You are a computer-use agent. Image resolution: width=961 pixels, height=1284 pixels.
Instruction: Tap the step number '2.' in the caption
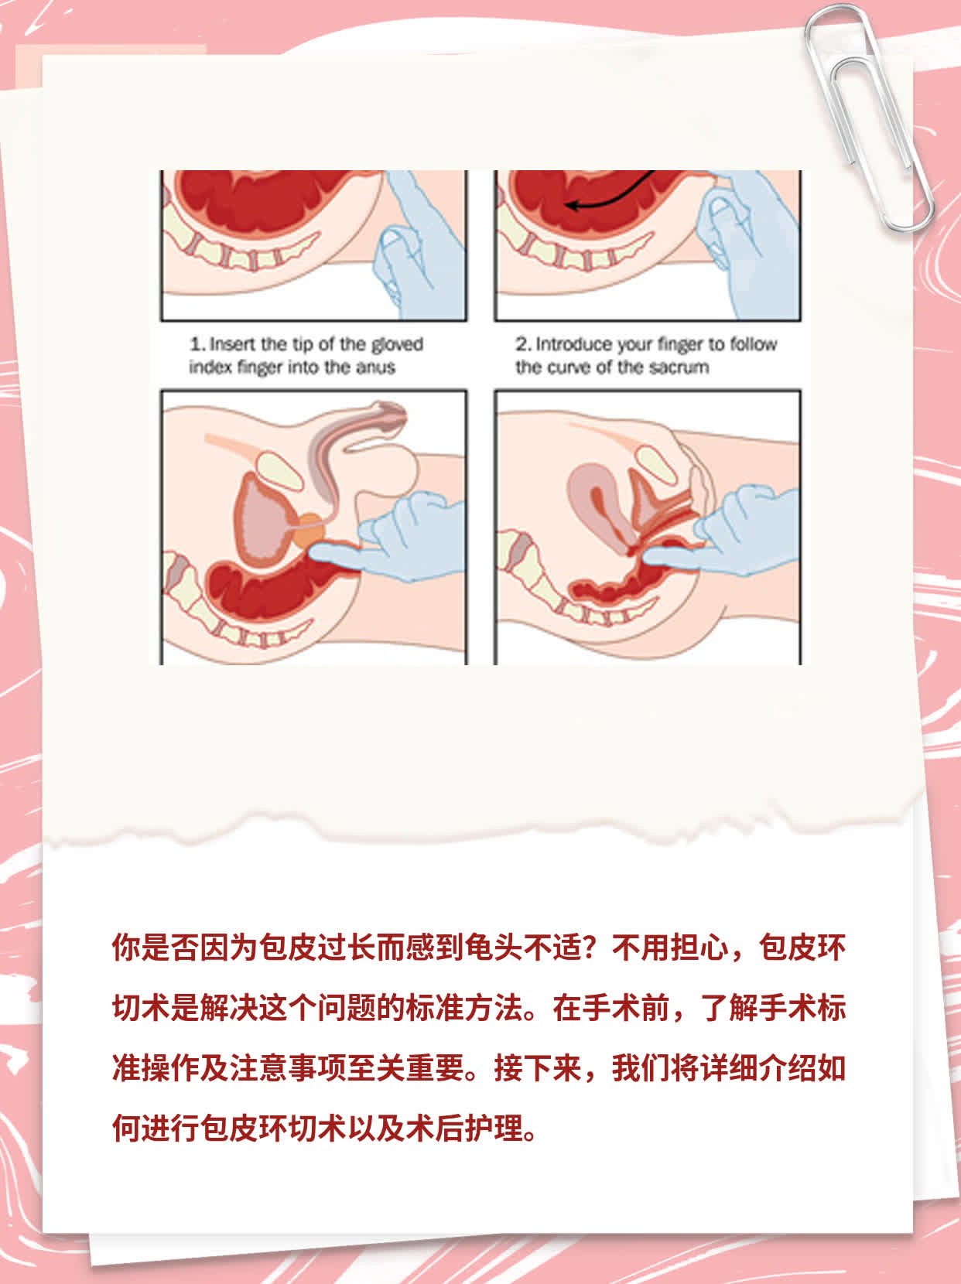[x=523, y=344]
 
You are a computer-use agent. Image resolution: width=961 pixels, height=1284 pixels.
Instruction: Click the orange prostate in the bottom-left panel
[x=309, y=531]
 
